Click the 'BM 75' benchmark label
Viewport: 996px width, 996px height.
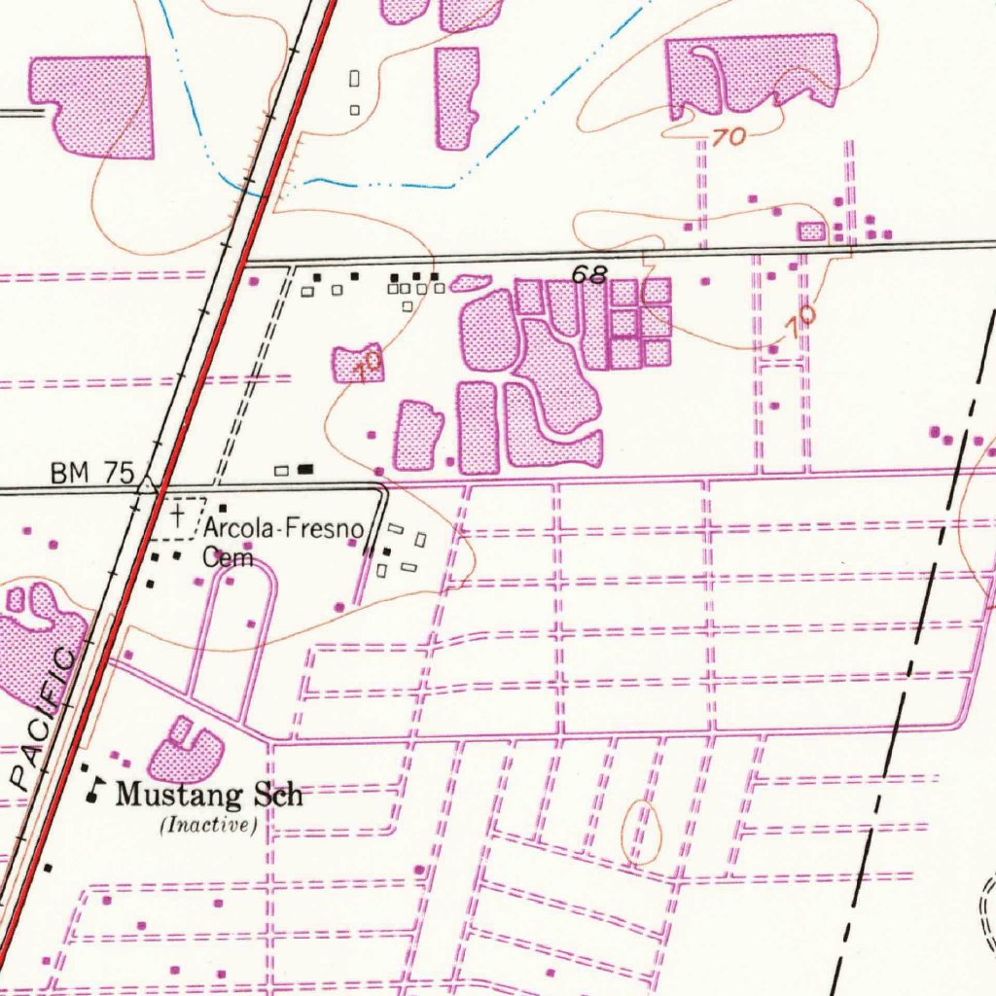pos(91,474)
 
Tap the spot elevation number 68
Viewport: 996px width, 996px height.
pos(589,275)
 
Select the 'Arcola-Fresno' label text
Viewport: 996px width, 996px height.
pos(283,531)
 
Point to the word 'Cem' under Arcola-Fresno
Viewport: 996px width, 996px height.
pos(228,558)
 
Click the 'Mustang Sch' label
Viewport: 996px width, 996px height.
pos(209,795)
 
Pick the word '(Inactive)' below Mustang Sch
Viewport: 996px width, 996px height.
pos(207,827)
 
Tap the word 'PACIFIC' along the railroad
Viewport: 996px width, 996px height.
pos(44,720)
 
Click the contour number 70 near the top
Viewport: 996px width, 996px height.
pos(728,138)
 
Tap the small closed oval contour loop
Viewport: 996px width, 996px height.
pos(641,832)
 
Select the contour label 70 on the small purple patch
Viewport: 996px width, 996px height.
pos(367,367)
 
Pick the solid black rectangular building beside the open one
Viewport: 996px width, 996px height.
pos(306,469)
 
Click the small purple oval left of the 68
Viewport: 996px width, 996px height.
pos(472,283)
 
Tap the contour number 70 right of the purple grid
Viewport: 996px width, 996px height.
pos(802,322)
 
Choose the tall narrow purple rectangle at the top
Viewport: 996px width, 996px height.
pos(457,97)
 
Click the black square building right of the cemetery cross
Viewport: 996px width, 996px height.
pos(223,509)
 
